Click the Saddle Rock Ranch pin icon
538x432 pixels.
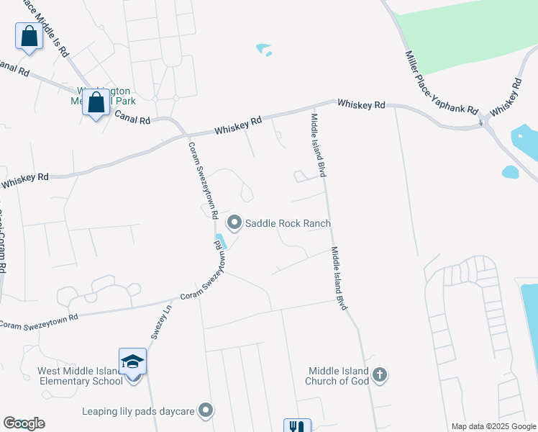pos(234,222)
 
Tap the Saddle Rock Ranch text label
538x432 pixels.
pos(288,223)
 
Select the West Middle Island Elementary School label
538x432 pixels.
pos(80,376)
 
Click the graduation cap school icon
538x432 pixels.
pos(132,360)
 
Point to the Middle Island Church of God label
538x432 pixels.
pos(338,376)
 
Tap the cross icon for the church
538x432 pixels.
pos(380,374)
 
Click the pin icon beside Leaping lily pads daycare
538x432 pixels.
pos(206,410)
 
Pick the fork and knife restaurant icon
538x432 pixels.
pos(297,426)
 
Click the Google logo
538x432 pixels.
pos(24,423)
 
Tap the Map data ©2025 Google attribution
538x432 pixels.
pos(493,426)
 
